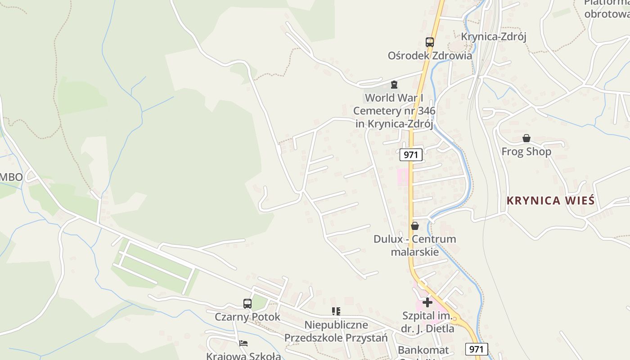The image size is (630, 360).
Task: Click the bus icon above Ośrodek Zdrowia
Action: [430, 42]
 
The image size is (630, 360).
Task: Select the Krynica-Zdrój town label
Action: [494, 36]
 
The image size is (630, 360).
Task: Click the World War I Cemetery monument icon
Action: [394, 85]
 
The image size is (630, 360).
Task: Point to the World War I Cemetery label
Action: [394, 111]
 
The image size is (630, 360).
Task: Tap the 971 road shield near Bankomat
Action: [477, 349]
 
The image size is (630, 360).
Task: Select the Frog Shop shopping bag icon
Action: [526, 138]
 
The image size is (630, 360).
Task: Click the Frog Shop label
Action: [526, 152]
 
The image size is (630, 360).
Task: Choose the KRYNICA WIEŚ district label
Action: [551, 201]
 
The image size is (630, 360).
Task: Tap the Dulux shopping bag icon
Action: [414, 226]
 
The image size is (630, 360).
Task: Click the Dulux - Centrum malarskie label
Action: [414, 245]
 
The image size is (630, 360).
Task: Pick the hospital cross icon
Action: [427, 302]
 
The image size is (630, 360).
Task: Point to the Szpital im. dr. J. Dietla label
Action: [427, 322]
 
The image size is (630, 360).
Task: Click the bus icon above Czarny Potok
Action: [247, 304]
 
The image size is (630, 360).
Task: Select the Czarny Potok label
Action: [247, 317]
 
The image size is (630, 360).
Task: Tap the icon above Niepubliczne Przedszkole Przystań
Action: [336, 311]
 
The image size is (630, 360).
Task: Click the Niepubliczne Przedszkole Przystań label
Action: [336, 331]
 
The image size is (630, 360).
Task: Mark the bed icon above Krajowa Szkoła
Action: [243, 343]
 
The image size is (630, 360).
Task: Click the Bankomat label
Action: [423, 350]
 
